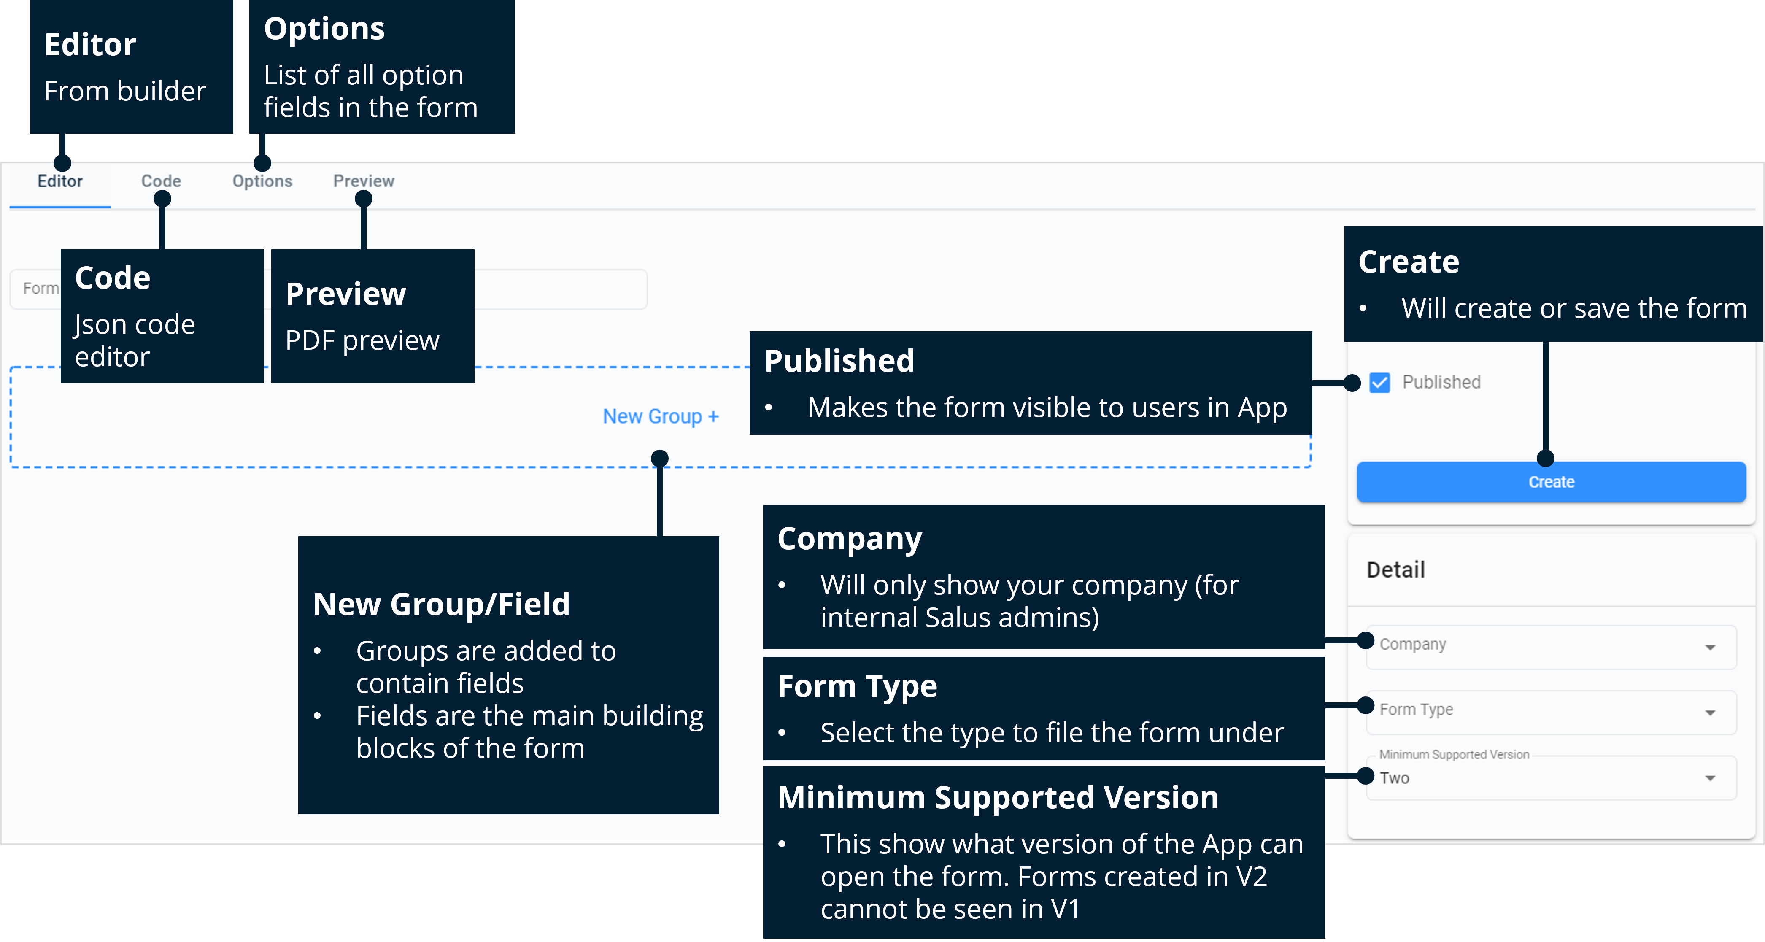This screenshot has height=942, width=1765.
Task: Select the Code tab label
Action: click(x=161, y=181)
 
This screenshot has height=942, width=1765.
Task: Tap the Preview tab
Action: click(x=363, y=181)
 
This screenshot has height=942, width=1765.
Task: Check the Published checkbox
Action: click(x=1379, y=382)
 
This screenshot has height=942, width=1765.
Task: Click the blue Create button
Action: click(x=1551, y=482)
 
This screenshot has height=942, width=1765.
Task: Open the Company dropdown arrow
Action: click(x=1709, y=648)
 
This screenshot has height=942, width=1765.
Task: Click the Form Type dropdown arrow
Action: click(x=1709, y=713)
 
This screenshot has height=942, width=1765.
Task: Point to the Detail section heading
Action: click(x=1396, y=570)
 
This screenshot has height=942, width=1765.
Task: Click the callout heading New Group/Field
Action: click(x=441, y=604)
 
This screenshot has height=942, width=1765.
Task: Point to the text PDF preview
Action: click(x=362, y=340)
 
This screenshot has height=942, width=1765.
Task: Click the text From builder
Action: click(x=125, y=91)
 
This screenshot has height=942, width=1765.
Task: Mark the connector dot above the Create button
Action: click(x=1545, y=458)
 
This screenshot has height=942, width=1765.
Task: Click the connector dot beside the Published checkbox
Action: click(x=1352, y=383)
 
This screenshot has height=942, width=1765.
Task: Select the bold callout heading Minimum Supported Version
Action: click(x=998, y=797)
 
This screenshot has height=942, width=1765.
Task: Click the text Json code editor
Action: click(x=134, y=340)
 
